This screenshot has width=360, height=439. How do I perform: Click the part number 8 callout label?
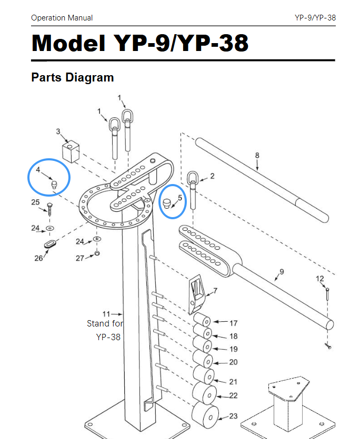(x=257, y=155)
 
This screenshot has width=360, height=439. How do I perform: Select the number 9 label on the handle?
(x=282, y=271)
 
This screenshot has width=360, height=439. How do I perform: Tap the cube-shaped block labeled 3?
(x=70, y=152)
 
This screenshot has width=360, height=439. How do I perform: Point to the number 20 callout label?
(x=233, y=362)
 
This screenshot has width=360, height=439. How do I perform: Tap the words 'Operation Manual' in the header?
(x=62, y=18)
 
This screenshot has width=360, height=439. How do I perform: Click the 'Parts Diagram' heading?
(x=73, y=77)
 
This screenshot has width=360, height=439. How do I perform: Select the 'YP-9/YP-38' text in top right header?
(x=315, y=18)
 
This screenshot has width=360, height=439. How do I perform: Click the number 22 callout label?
(x=233, y=395)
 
